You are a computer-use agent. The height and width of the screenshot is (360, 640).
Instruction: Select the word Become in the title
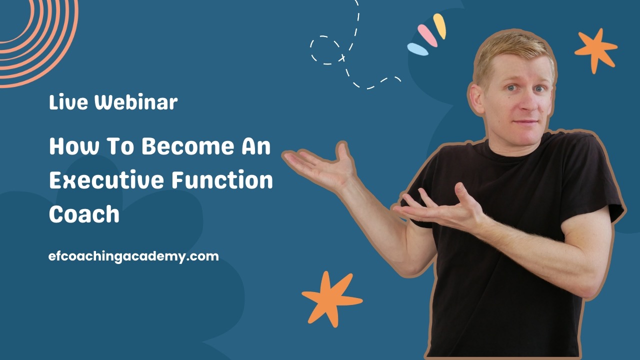tap(187, 147)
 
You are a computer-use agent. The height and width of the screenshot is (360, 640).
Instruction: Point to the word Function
tap(222, 180)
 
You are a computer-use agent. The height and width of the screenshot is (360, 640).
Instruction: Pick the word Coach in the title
tap(84, 214)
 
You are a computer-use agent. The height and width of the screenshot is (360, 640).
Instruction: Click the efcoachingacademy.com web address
tap(134, 256)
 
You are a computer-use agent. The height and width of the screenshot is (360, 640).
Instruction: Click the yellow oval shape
tap(439, 26)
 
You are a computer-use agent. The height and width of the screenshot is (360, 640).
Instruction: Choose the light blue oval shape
tap(417, 49)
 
